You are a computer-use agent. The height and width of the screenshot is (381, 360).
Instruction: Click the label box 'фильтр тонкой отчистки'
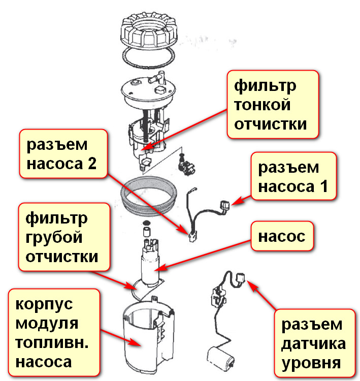pos(273,105)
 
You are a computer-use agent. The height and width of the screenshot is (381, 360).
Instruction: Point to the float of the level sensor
pos(218,356)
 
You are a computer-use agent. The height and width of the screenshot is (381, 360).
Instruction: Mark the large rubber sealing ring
pos(151,196)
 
